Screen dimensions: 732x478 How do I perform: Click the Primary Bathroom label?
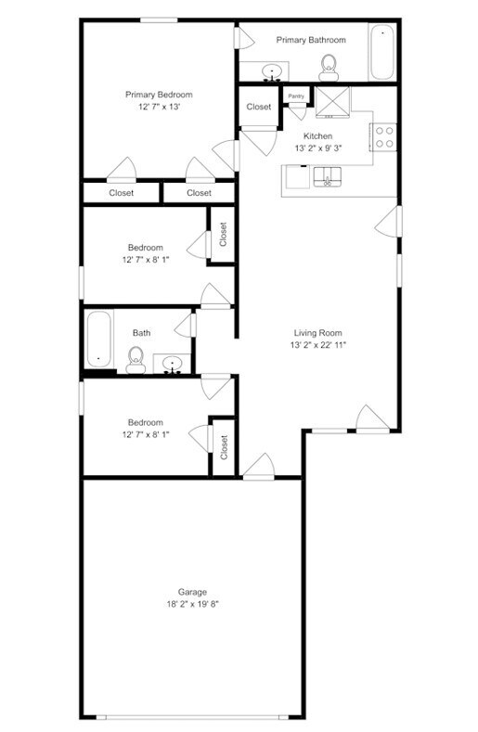pos(310,40)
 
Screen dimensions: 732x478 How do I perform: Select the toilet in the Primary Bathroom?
pos(328,65)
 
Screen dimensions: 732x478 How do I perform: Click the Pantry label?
pos(296,96)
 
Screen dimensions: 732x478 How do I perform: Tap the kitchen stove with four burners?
pos(384,137)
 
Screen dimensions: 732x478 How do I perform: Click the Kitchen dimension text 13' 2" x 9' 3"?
pos(317,148)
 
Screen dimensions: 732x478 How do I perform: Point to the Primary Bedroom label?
pos(159,95)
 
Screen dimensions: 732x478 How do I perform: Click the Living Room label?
pos(318,333)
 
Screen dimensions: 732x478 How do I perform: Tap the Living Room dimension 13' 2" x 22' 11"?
pos(318,345)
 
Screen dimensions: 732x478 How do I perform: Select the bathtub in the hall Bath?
pos(98,340)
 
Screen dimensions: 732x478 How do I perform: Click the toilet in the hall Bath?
pos(136,359)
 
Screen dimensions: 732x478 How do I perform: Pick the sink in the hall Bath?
pos(173,362)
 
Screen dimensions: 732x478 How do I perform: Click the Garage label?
pos(192,592)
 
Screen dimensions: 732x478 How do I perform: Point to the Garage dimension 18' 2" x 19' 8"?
pos(192,604)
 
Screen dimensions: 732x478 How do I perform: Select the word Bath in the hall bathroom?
pos(141,333)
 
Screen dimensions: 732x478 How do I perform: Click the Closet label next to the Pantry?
pos(259,107)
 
